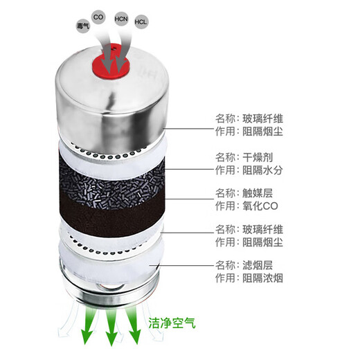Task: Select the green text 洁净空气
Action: click(169, 322)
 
